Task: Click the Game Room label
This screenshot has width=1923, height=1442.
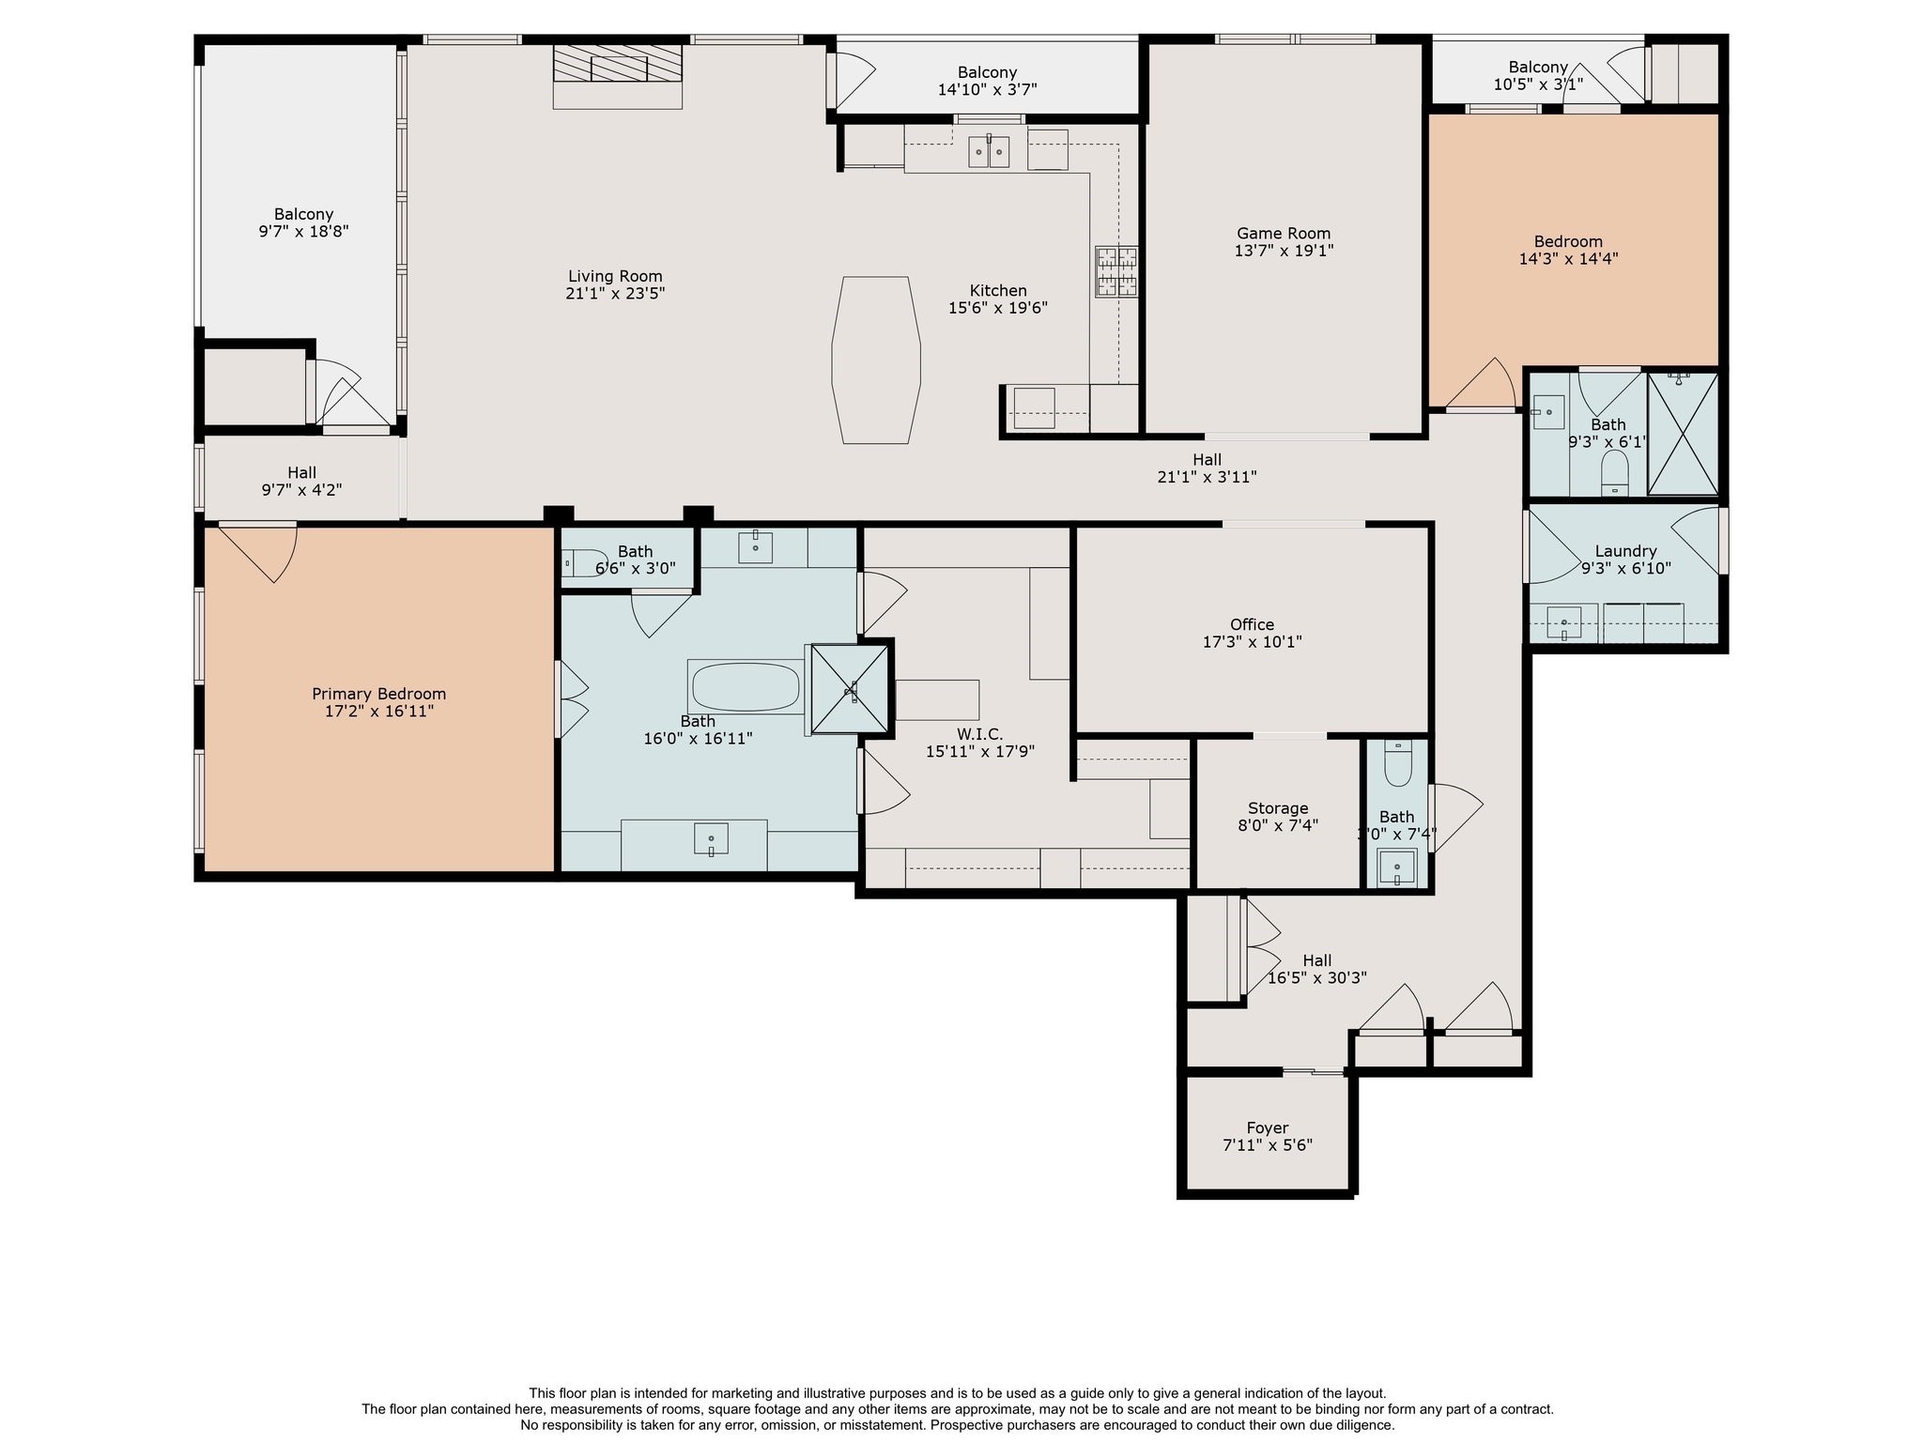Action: pos(1283,234)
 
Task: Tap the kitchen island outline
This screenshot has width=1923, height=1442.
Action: pos(875,360)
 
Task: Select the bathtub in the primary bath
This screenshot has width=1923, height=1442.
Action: pos(745,687)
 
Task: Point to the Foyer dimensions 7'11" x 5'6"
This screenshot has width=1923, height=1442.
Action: pos(1267,1145)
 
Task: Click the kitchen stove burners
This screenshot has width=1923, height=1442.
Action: pos(1115,271)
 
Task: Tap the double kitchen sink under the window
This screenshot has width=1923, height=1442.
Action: pos(989,151)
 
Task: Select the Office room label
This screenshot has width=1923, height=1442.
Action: pos(1252,624)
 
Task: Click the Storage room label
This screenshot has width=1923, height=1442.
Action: pos(1277,808)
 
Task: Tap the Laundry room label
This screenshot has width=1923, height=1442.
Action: pos(1625,551)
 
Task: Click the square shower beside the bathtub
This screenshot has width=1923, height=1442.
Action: pos(849,687)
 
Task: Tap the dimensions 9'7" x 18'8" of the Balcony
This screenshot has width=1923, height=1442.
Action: pos(303,232)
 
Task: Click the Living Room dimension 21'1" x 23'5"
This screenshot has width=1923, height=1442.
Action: pos(615,294)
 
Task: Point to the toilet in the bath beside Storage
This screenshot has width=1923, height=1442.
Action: pos(1398,763)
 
